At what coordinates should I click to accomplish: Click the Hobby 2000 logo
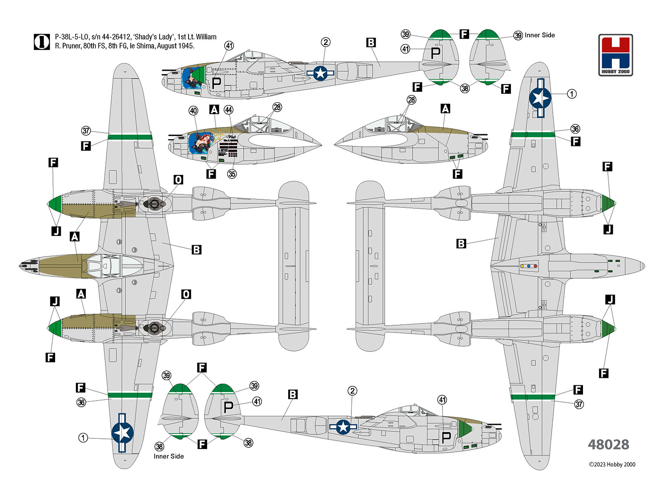click(615, 55)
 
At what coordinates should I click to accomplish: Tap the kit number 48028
click(608, 444)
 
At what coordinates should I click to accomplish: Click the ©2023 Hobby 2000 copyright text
click(612, 465)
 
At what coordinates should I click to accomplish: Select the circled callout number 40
click(193, 111)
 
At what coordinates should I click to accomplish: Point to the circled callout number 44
click(229, 110)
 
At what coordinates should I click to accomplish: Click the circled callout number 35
click(232, 174)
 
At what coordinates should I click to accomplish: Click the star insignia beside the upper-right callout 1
click(540, 98)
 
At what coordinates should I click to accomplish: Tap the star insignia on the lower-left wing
click(122, 433)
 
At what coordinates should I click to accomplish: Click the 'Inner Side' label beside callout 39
click(539, 35)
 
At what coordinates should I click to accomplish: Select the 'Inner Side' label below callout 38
click(169, 456)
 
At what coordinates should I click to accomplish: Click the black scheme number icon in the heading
click(42, 42)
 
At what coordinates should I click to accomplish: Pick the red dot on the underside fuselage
click(535, 266)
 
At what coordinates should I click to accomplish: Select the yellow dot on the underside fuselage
click(522, 266)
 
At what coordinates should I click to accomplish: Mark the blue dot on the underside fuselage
click(529, 266)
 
